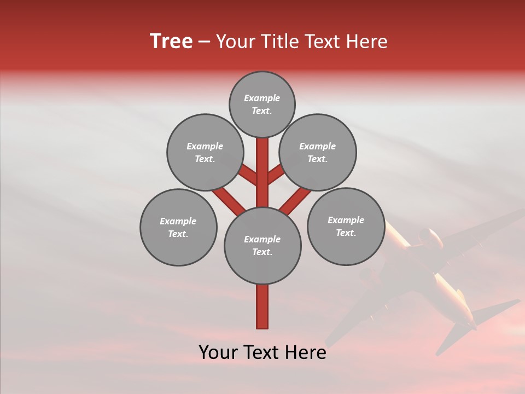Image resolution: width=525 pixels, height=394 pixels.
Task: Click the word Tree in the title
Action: coord(171,42)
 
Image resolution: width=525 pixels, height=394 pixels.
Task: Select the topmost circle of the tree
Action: coord(262,104)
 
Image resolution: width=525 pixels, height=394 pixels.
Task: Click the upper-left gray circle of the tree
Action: coord(205,152)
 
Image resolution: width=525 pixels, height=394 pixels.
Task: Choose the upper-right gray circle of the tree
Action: coord(318,152)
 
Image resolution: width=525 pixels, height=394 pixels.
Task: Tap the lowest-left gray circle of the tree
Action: coord(178,227)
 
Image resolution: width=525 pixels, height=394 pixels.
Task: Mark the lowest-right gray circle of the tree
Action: coord(346,226)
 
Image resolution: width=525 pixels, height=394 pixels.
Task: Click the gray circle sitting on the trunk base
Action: coord(262,246)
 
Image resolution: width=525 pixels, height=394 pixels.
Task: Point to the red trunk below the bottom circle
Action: coord(262,306)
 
